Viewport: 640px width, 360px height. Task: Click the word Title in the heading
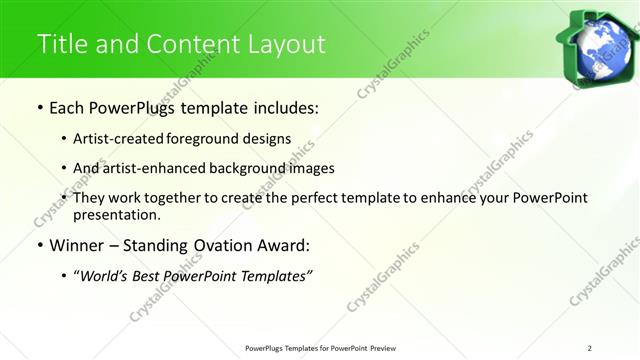click(60, 44)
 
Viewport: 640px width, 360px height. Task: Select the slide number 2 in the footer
click(590, 348)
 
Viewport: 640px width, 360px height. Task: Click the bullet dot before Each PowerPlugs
click(39, 107)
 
